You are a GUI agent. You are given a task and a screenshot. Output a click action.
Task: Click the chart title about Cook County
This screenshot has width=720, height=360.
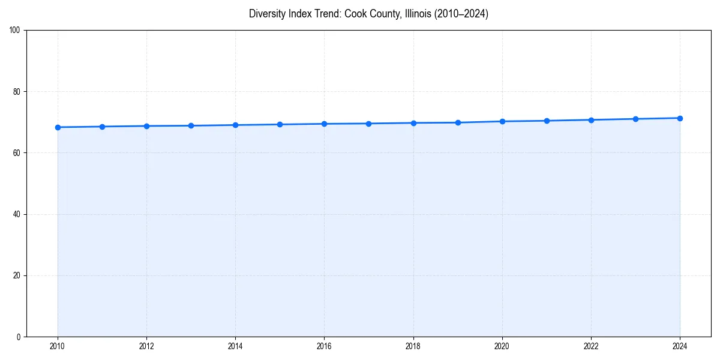(368, 14)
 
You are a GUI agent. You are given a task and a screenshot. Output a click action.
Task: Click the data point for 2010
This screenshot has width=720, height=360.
(58, 127)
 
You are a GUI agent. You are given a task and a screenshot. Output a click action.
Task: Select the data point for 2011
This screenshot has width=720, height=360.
(102, 127)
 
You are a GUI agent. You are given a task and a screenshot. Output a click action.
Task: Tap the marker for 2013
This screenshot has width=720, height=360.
(191, 125)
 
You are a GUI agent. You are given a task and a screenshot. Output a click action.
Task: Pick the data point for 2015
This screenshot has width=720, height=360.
(280, 124)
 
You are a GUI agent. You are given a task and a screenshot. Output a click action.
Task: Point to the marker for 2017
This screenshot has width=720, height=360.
(368, 124)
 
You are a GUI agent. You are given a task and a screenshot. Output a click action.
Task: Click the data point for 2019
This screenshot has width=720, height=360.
(458, 122)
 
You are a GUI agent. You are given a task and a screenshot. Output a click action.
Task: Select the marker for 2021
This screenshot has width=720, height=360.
(547, 121)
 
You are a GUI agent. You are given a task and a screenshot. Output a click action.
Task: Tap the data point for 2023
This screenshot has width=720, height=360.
(635, 119)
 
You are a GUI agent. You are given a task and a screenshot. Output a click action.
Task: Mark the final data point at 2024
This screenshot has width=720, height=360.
(680, 118)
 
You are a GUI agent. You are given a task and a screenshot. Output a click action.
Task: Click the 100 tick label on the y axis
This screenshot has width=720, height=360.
(16, 30)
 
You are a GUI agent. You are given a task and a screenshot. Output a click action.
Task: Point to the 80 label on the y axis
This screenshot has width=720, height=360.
(17, 92)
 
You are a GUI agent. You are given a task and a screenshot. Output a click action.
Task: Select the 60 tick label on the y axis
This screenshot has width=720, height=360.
(17, 153)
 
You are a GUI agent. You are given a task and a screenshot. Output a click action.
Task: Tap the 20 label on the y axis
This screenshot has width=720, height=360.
(17, 275)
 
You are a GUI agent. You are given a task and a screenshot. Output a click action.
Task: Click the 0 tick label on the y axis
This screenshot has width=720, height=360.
(19, 337)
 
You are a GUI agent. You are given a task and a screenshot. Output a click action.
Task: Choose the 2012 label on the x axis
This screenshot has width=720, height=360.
(146, 346)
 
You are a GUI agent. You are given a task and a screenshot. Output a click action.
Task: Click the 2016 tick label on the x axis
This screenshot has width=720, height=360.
(324, 346)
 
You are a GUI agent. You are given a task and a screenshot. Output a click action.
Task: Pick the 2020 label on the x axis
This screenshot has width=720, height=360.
(502, 346)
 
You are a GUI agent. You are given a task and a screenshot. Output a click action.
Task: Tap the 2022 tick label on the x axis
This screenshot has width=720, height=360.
(591, 346)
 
